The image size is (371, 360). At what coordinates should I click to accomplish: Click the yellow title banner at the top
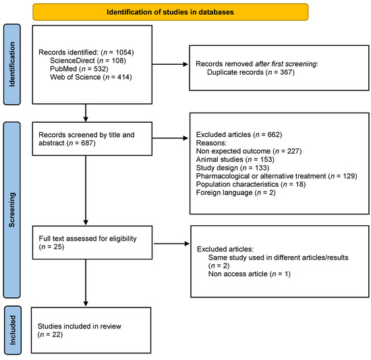click(171, 12)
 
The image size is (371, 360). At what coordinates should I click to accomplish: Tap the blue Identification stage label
click(12, 64)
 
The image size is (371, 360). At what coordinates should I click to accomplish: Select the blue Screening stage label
click(12, 210)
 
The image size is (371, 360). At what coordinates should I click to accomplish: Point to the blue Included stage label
click(13, 330)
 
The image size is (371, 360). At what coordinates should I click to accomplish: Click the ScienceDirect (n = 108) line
click(88, 61)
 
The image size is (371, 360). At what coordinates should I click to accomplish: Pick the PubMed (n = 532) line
click(79, 69)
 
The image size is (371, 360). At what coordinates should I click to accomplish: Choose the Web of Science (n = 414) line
click(91, 77)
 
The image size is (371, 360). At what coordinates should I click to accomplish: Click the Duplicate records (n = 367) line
click(251, 72)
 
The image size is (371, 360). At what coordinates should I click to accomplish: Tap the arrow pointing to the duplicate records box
click(170, 64)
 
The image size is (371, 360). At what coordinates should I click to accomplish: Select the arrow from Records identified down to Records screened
click(86, 113)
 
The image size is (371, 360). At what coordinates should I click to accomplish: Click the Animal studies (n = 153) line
click(235, 159)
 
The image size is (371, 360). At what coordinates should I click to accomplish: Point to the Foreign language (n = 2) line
click(236, 193)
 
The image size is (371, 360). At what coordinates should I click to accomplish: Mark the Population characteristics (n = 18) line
click(251, 184)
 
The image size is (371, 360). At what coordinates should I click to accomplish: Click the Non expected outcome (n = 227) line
click(249, 151)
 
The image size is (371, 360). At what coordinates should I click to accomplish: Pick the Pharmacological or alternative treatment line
click(277, 176)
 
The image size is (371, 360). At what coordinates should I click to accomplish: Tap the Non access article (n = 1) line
click(250, 274)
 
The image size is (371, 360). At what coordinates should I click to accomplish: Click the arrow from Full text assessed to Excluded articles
click(172, 243)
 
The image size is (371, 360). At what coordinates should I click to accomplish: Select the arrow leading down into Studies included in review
click(86, 282)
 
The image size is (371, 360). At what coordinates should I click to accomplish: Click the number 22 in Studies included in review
click(57, 334)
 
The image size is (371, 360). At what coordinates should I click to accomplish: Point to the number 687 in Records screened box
click(88, 143)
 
